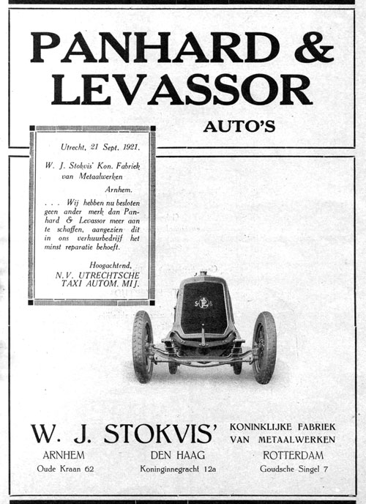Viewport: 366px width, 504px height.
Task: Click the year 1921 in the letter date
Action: point(127,145)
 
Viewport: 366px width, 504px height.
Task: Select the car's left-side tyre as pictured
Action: point(143,346)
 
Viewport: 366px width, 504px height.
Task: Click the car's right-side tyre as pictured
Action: point(264,346)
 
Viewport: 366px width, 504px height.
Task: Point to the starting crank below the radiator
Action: point(203,338)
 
